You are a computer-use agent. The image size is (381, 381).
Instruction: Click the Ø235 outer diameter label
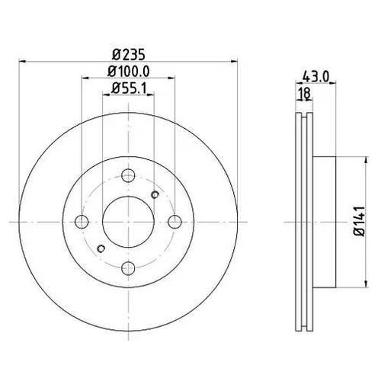(x=128, y=54)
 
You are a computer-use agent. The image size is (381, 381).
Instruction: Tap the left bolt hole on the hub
(x=82, y=222)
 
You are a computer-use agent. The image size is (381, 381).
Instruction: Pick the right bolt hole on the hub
(x=175, y=222)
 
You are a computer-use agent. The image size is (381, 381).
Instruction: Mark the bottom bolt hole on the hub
(x=128, y=268)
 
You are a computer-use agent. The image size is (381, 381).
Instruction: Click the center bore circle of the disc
(x=128, y=222)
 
